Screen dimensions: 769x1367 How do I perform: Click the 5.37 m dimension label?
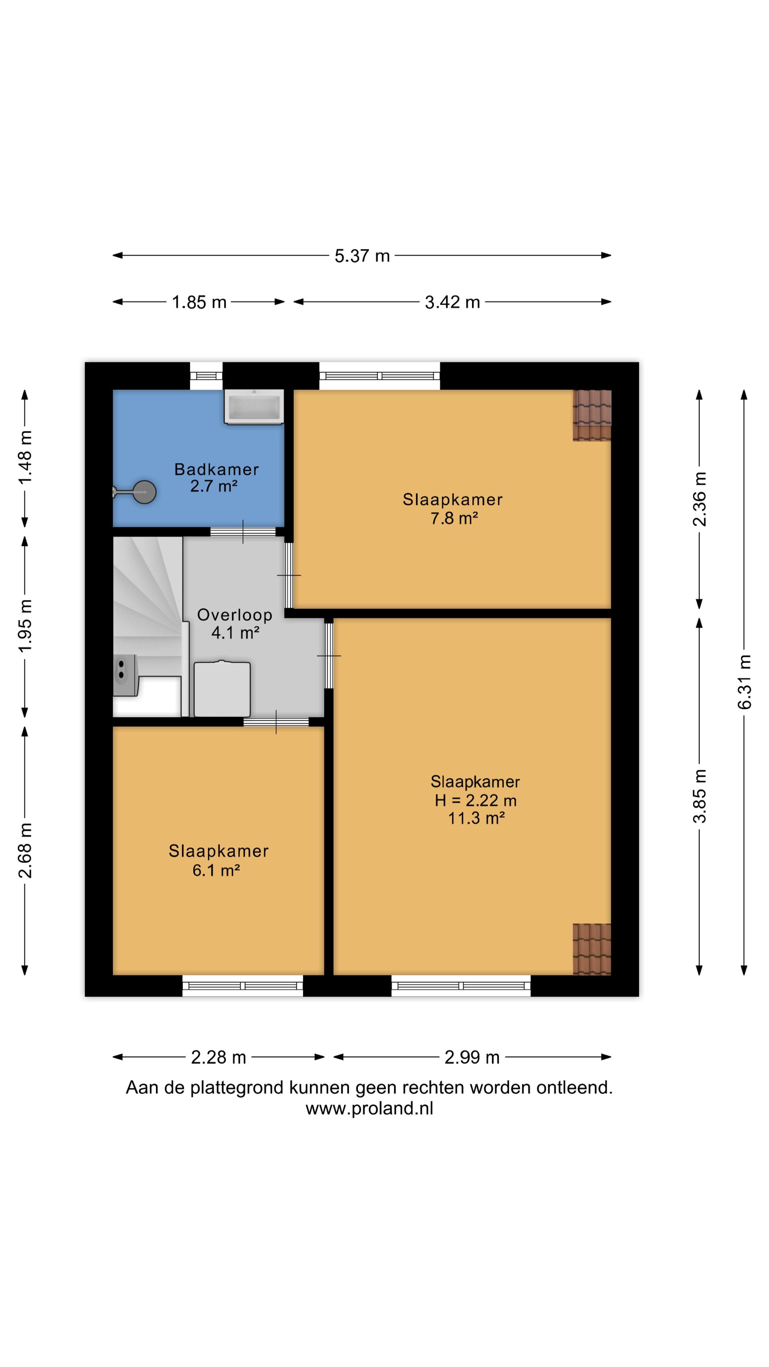pos(362,256)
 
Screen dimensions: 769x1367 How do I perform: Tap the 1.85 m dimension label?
pos(199,302)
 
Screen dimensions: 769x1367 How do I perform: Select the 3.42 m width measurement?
pos(452,302)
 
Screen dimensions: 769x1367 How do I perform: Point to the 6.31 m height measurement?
pos(744,682)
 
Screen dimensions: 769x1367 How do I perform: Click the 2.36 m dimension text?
pos(700,499)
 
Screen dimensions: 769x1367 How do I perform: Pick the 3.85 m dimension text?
pos(700,796)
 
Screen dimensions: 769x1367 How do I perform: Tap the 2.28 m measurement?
pos(218,1057)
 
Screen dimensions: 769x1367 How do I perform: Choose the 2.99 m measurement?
pos(472,1057)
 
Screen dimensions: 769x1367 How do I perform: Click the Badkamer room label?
pos(216,469)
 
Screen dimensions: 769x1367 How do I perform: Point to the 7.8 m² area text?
pos(454,518)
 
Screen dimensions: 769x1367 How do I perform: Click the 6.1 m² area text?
pos(216,870)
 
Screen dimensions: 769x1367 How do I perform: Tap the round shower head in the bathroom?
pos(144,492)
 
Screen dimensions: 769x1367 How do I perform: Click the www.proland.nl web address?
pos(370,1108)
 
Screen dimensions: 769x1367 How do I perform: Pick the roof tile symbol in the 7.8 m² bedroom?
pos(592,415)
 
